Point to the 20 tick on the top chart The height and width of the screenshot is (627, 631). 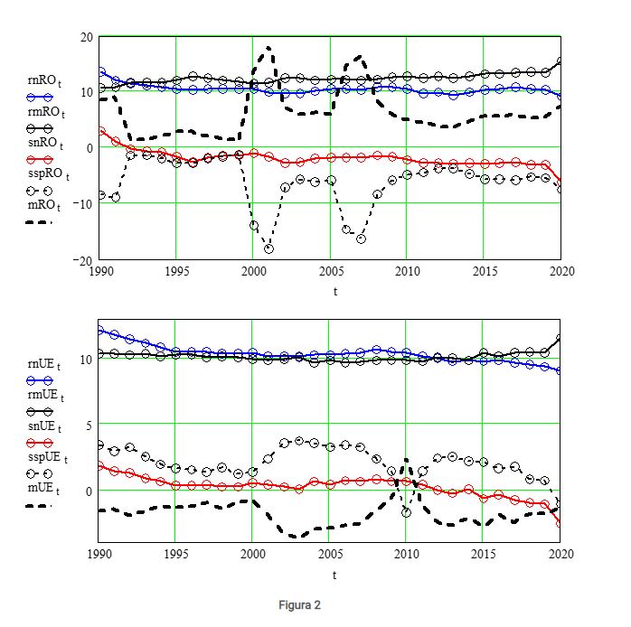point(86,37)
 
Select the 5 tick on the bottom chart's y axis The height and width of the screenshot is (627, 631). point(89,424)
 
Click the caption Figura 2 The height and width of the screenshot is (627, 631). point(299,605)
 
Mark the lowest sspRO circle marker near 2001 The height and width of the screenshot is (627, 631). point(268,248)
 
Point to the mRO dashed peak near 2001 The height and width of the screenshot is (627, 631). point(268,48)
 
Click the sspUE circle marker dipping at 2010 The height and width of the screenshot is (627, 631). point(407,511)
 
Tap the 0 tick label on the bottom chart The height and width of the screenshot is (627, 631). point(89,491)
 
